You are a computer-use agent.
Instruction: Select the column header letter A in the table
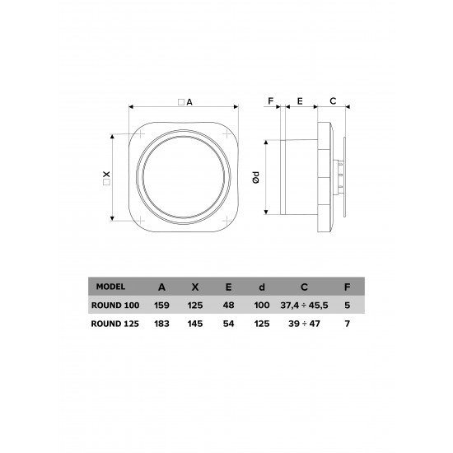click(161, 287)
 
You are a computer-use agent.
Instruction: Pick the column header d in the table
click(261, 287)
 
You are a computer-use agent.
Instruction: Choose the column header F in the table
click(348, 287)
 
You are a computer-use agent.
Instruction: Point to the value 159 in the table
click(161, 305)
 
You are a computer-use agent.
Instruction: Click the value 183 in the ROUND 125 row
click(161, 324)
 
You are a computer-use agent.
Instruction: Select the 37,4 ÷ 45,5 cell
click(305, 305)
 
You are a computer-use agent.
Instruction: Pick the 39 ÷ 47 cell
click(305, 324)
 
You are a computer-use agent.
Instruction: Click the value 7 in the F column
click(348, 324)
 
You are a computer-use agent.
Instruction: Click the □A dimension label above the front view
click(184, 102)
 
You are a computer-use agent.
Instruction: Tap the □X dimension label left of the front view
click(105, 176)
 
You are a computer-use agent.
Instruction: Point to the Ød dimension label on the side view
click(257, 176)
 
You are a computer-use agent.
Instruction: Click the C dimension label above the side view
click(333, 101)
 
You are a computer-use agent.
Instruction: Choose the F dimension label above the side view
click(270, 101)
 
